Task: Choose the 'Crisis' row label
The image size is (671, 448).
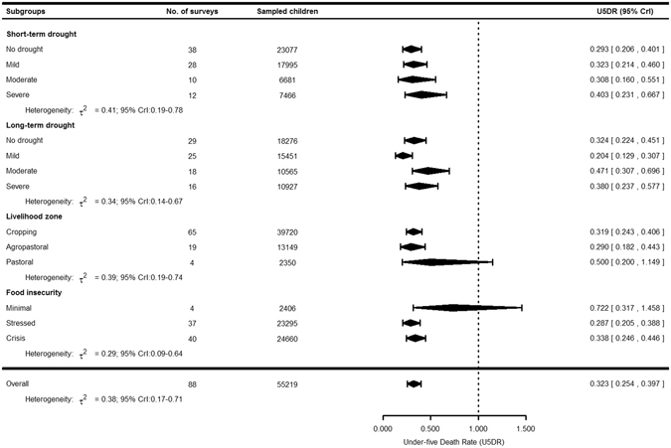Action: pos(17,338)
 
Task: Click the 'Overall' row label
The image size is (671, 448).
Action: pos(20,382)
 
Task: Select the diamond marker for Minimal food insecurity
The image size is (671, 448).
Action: pos(454,308)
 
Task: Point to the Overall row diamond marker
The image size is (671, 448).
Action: pos(414,382)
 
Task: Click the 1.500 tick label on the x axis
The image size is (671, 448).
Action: pos(526,429)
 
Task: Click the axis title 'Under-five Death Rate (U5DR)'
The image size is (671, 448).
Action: pos(453,441)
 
